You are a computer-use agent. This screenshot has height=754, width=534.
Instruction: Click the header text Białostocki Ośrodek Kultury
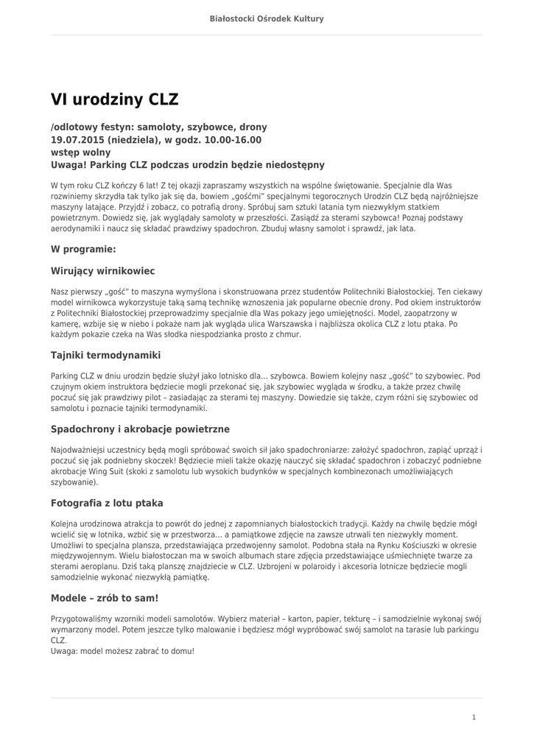tap(267, 18)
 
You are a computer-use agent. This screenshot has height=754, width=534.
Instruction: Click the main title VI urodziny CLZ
tap(114, 99)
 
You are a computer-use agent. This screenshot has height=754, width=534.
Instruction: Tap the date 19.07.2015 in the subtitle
tap(77, 140)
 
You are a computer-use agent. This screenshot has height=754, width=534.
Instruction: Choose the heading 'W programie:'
tap(83, 250)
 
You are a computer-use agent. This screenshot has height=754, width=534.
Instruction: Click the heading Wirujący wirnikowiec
tap(102, 271)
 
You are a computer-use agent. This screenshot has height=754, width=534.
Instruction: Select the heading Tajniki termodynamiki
tap(105, 355)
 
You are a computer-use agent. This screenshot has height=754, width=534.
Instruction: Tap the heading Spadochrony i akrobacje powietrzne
tap(140, 429)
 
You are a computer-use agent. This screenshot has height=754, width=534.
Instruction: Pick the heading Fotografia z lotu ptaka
tap(107, 503)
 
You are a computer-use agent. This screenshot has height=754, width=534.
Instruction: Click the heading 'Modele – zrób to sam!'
tap(105, 598)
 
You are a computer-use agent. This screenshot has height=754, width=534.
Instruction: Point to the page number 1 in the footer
tap(474, 717)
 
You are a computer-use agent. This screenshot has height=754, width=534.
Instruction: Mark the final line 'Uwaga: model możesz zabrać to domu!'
tap(122, 651)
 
